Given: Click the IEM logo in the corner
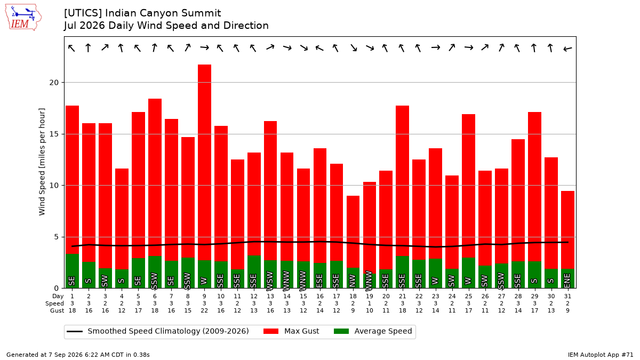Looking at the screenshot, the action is click(23, 18).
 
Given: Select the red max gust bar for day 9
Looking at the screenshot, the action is click(205, 162).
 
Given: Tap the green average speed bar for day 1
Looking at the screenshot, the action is click(73, 271).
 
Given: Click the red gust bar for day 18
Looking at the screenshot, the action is click(353, 231).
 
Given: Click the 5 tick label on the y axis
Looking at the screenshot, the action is click(55, 237).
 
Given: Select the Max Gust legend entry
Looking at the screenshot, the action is click(291, 331).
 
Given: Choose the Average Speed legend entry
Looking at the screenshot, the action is click(373, 331).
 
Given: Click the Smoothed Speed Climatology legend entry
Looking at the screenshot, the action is click(157, 331).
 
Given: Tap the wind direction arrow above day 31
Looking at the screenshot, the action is click(567, 49).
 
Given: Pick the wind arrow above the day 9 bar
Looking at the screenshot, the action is click(205, 47).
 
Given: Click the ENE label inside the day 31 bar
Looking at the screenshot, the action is click(567, 281).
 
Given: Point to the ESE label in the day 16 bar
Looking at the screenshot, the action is click(319, 281).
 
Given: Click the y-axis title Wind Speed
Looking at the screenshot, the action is click(42, 162).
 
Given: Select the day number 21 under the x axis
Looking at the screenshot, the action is click(402, 297).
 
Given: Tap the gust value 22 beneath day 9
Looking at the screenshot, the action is click(204, 310).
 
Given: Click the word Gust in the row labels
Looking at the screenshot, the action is click(57, 310).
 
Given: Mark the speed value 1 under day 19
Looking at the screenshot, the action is click(370, 303).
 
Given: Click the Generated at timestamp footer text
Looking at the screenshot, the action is click(78, 355).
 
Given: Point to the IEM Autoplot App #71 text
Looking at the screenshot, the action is click(601, 355).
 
